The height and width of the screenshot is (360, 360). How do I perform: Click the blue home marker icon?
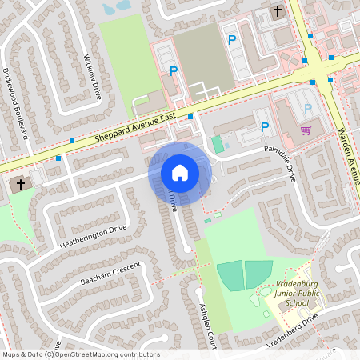coord(180,172)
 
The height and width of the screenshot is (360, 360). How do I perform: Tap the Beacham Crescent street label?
coord(110,273)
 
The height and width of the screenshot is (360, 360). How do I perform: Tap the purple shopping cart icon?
coord(306,130)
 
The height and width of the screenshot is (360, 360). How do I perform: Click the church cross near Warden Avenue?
coord(278,11)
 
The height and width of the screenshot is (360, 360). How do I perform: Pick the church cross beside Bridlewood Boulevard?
coord(19,183)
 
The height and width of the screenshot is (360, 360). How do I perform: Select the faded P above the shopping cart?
coord(307,108)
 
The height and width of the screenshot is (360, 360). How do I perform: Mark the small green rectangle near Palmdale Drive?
coord(217,144)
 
